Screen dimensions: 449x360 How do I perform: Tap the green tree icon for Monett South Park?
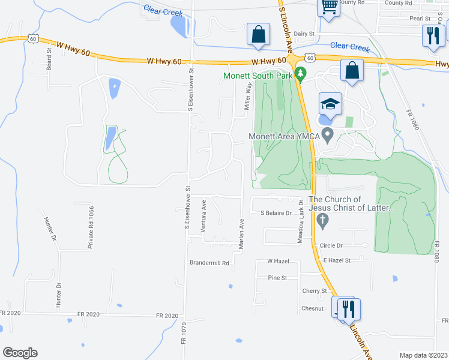303,75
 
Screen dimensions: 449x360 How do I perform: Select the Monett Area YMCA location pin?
327,136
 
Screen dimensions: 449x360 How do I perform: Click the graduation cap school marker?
329,104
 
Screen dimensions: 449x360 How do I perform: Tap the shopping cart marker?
329,8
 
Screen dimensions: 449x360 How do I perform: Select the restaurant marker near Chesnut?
349,310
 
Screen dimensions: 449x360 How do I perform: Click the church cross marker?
322,221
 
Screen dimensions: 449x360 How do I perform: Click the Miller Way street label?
247,97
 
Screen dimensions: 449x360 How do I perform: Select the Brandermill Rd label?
209,263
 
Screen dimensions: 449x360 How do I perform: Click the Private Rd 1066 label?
91,227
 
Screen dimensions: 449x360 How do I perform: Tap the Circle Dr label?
331,245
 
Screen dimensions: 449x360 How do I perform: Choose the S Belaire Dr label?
276,213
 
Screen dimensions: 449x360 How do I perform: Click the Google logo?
19,353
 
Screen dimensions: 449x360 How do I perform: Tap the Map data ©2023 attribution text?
423,355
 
